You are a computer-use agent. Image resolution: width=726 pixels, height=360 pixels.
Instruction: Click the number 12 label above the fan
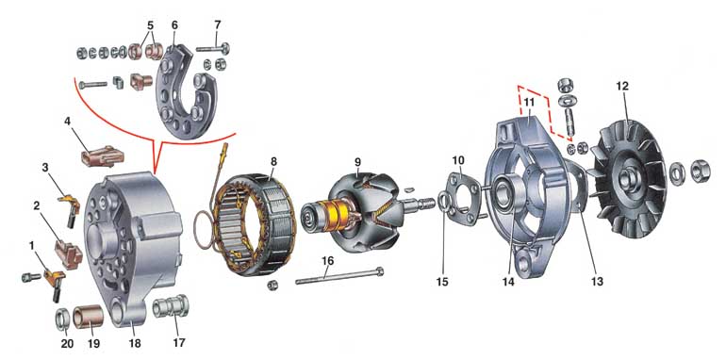622,86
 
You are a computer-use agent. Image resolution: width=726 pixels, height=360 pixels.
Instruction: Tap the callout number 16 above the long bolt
327,261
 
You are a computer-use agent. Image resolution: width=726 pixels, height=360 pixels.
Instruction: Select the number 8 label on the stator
273,162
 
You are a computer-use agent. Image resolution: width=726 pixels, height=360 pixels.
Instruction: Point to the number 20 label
67,343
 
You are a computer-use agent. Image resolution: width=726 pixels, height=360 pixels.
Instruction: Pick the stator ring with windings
257,223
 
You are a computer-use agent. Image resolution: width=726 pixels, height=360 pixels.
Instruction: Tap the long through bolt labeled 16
338,276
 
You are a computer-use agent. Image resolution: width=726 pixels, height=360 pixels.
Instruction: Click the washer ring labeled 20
63,319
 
